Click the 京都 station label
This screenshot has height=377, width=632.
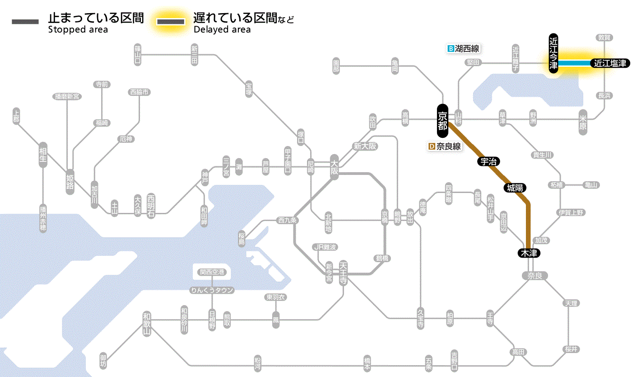tap(442, 121)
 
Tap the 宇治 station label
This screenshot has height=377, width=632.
tap(489, 161)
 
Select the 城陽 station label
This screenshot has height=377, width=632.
tap(515, 188)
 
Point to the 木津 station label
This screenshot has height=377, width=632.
tap(529, 253)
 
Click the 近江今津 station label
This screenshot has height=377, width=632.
tap(553, 53)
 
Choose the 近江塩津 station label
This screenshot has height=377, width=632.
tap(610, 63)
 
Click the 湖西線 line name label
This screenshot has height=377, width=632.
tap(467, 48)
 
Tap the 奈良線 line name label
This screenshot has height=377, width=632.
tap(448, 146)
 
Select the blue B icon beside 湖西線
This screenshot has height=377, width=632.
tap(450, 48)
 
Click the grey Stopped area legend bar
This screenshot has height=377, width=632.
tap(25, 22)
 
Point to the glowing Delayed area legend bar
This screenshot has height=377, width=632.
tap(170, 22)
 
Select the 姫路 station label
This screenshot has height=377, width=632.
tap(70, 181)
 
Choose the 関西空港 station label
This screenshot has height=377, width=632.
tap(212, 272)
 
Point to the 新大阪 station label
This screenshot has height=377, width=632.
tap(365, 146)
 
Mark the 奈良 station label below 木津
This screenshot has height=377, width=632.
tap(534, 275)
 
